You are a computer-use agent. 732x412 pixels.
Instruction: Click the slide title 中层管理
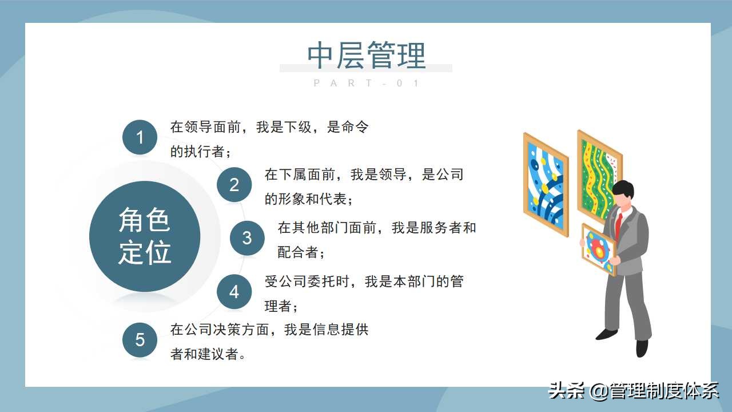pos(366,56)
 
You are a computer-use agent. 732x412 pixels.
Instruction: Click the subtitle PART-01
pos(367,84)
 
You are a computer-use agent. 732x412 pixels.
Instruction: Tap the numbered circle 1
pos(140,138)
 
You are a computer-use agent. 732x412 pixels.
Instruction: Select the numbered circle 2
pos(234,185)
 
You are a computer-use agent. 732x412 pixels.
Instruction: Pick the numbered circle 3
pos(247,237)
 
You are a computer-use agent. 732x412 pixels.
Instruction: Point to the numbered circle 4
pos(234,292)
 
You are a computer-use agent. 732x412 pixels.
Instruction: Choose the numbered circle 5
pos(140,340)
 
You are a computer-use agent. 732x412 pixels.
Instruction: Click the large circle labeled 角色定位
pos(145,236)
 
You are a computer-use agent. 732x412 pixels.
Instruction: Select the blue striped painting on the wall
pos(546,184)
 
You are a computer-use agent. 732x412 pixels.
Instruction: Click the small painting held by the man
pos(598,249)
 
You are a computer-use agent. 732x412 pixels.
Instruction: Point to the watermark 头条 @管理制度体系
pos(633,391)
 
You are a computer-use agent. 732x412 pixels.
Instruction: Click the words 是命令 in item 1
pos(348,127)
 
